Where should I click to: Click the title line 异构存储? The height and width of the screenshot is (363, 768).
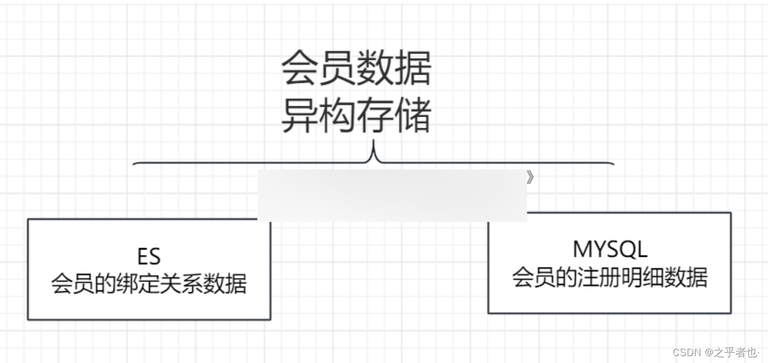click(356, 116)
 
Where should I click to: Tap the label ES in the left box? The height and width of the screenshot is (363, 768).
click(148, 256)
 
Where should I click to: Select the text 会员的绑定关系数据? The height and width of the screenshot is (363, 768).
click(149, 284)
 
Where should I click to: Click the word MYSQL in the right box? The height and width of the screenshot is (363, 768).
click(610, 249)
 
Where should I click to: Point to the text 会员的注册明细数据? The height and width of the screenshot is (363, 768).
click(610, 277)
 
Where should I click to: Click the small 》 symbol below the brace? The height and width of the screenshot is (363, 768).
click(530, 178)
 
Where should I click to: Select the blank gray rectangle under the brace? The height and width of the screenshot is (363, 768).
click(391, 195)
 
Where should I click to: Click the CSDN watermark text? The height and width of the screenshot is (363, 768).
click(688, 352)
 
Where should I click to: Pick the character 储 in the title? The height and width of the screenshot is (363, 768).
click(412, 116)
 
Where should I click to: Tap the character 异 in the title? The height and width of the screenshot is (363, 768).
click(300, 116)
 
